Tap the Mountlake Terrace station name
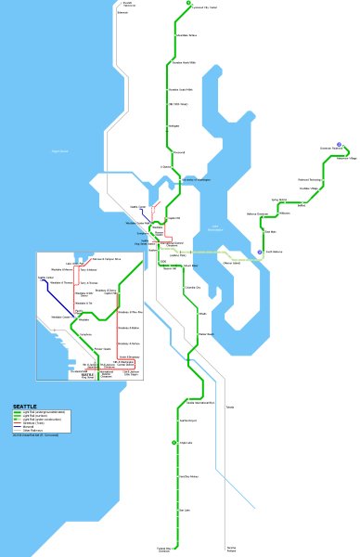[186, 36]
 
